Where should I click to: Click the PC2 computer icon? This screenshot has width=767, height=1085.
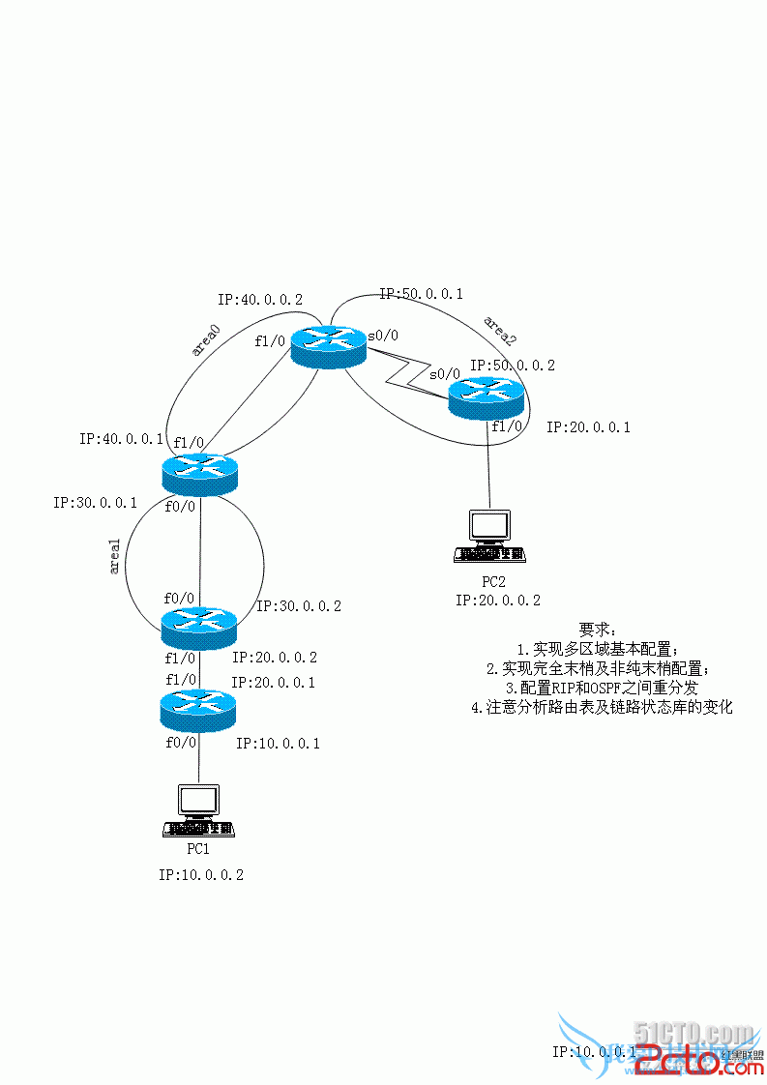[489, 537]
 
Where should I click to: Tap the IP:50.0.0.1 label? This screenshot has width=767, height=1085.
[421, 293]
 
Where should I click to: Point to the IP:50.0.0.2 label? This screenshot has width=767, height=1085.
[513, 366]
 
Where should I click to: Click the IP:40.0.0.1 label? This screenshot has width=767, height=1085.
[121, 439]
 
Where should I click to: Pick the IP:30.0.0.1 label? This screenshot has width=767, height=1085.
[95, 503]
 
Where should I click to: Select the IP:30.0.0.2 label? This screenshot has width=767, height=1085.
[299, 606]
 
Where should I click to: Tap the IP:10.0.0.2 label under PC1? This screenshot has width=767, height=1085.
[201, 874]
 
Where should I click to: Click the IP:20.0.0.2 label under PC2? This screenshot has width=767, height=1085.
[498, 601]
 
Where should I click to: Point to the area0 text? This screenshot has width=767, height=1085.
[206, 342]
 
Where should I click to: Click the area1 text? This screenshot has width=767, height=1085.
[115, 558]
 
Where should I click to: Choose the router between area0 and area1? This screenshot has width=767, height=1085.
[199, 471]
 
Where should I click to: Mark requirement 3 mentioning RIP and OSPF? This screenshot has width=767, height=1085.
[608, 688]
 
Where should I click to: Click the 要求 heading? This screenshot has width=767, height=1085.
[596, 630]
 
